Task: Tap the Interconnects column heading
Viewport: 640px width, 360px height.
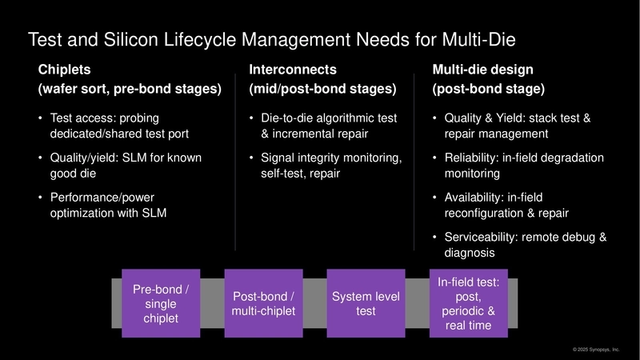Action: [292, 70]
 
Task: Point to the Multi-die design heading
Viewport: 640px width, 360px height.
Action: [482, 70]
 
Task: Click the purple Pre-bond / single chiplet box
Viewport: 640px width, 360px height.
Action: [161, 303]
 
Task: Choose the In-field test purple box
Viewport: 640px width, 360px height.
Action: [468, 303]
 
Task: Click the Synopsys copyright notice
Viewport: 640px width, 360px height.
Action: [596, 350]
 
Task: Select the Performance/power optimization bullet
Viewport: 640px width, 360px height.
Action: [116, 205]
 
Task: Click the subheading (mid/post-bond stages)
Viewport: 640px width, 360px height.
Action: [322, 89]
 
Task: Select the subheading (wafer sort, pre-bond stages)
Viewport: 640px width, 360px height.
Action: [130, 89]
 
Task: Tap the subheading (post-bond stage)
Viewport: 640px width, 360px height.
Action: [489, 89]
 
